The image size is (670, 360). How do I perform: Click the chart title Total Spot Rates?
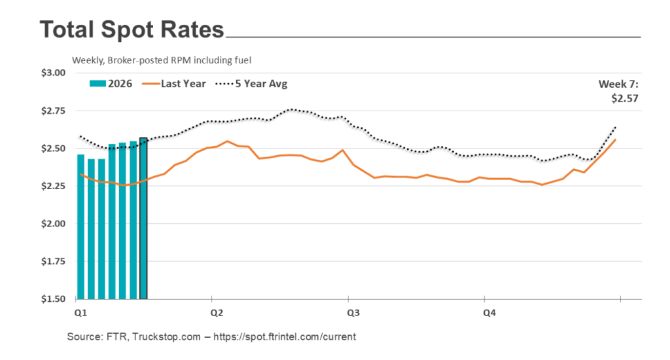coord(132,30)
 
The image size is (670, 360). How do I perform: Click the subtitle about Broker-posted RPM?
coord(162,60)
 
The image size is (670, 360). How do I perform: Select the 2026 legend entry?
coord(111,84)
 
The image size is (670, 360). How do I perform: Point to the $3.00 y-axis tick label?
coord(53,73)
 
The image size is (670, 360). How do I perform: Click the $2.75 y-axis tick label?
coord(53,111)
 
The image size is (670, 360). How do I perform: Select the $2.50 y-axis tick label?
coord(53,149)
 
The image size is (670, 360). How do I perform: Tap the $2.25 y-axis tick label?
coord(53,187)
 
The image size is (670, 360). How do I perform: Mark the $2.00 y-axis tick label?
coord(53,224)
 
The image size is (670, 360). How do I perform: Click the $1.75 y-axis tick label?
coord(53,262)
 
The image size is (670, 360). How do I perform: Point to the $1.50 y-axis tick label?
coord(53,300)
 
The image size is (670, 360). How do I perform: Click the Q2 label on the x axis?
coord(213,314)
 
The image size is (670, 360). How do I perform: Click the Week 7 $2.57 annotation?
coord(618,92)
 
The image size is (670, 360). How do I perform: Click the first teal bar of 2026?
coord(80,226)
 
